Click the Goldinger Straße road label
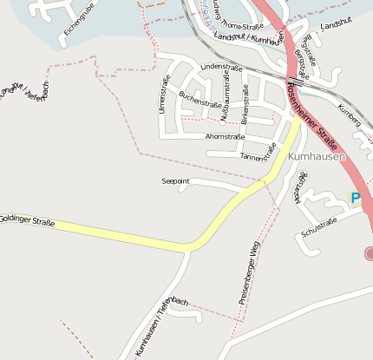pyautogui.click(x=28, y=220)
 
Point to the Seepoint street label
pyautogui.click(x=175, y=180)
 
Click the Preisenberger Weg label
pyautogui.click(x=249, y=272)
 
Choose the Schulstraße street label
pyautogui.click(x=317, y=227)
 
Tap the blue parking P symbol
pyautogui.click(x=355, y=198)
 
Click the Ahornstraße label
pyautogui.click(x=225, y=137)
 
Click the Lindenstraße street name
pyautogui.click(x=219, y=66)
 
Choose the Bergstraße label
pyautogui.click(x=301, y=62)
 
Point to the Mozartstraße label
pyautogui.click(x=300, y=188)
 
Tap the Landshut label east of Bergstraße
pyautogui.click(x=337, y=29)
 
